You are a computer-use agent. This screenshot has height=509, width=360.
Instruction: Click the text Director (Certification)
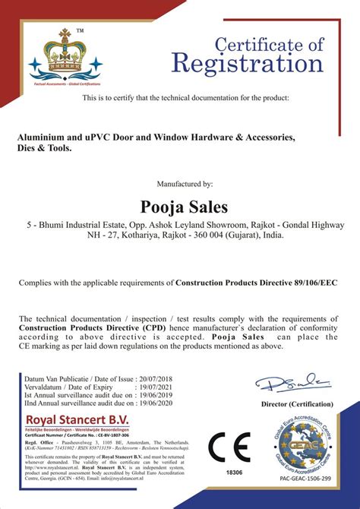click(x=296, y=405)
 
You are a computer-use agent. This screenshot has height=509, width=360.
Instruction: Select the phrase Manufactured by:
click(x=184, y=184)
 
